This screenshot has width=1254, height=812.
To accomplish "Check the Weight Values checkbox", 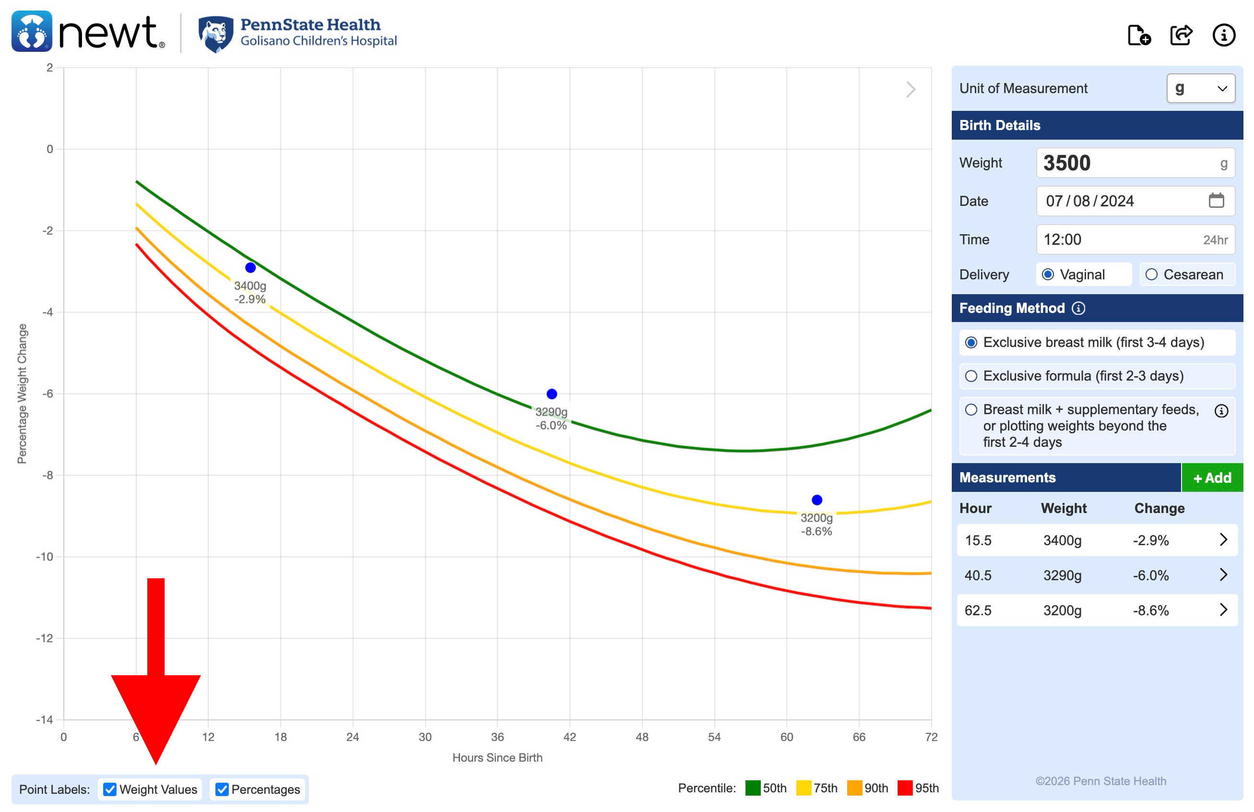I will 109,789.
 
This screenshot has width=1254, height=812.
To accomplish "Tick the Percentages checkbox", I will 222,789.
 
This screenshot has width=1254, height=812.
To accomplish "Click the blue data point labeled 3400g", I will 250,268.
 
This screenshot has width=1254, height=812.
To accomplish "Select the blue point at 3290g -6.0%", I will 552,394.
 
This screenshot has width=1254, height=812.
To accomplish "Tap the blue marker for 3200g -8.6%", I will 816,500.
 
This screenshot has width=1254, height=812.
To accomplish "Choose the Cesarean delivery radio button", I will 1152,275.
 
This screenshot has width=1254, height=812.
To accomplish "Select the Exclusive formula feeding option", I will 971,376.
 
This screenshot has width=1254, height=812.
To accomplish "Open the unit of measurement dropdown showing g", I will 1200,88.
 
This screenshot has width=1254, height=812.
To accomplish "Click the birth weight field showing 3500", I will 1127,163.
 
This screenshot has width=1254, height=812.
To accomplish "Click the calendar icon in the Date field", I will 1216,201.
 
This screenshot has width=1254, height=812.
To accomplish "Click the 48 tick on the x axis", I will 642,737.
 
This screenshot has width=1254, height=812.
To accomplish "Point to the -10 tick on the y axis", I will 44,556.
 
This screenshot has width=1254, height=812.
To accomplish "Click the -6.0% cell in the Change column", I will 1151,575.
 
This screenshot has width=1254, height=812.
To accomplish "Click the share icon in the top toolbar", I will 1181,36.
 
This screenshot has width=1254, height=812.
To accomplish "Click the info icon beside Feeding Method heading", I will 1078,308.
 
